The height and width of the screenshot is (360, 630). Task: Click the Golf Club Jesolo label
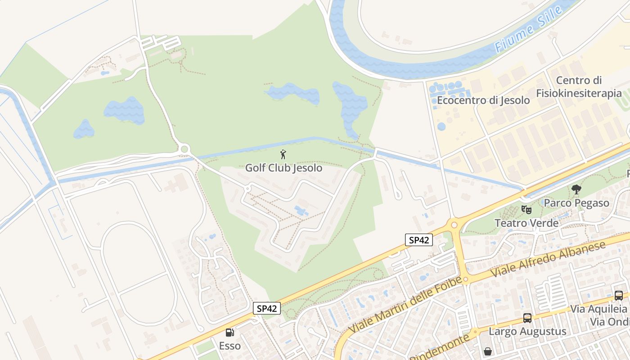coord(283,168)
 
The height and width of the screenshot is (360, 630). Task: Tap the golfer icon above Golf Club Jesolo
coord(283,155)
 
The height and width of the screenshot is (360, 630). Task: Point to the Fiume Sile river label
coord(529,30)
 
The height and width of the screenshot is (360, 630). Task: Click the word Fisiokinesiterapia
coord(579,93)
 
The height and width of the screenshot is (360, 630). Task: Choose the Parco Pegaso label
coord(576,203)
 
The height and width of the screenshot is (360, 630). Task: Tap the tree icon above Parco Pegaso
coord(576,189)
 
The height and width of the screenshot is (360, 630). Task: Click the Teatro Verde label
coord(526,223)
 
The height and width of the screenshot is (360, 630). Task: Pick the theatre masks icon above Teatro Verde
coord(526,209)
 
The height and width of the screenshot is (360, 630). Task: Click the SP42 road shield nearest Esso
coord(266,308)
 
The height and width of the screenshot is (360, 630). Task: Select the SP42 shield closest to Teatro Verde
coord(419,240)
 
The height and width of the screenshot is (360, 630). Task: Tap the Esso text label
coord(229,346)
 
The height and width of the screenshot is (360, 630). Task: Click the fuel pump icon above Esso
coord(229,333)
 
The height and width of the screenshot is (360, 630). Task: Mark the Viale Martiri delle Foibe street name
coord(405,305)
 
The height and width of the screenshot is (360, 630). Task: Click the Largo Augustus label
coord(527,332)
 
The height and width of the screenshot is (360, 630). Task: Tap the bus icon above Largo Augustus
coord(527,318)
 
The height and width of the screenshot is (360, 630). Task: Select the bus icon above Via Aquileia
coord(619,296)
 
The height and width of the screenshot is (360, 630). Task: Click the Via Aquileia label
coord(598,309)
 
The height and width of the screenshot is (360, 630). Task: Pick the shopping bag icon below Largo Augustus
coord(487,351)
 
